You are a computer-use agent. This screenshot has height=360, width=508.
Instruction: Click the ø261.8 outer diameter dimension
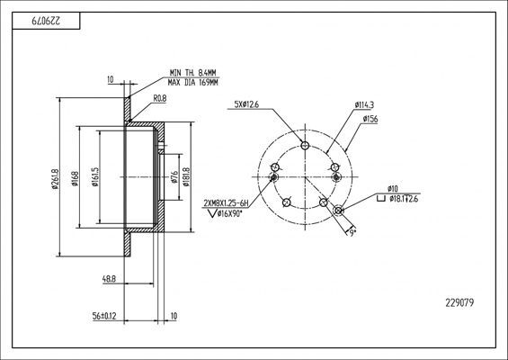tap(55, 179)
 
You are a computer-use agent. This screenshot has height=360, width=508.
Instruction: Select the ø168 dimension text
tap(75, 179)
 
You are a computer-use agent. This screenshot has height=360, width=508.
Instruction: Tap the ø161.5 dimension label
tap(95, 176)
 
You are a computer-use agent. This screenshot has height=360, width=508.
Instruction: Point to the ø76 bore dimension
tap(174, 177)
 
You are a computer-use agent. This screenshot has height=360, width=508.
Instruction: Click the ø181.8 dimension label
tap(185, 176)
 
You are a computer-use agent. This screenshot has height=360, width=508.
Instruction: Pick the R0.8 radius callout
tap(160, 99)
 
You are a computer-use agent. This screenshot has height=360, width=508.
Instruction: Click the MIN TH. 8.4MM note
tap(192, 73)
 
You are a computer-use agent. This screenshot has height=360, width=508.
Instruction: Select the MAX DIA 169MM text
tap(192, 83)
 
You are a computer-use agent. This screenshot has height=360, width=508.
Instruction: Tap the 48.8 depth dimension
tap(109, 279)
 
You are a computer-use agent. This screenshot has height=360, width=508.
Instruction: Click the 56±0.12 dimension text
tap(104, 316)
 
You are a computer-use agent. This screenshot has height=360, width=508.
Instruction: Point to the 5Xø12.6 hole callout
tap(246, 104)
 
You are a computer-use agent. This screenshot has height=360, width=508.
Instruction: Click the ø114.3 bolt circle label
tap(364, 105)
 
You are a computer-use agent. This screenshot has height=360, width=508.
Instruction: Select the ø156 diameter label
tap(370, 119)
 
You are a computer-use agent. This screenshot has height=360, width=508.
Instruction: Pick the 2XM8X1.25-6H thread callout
tap(226, 203)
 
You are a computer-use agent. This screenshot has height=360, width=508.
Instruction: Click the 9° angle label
tap(352, 232)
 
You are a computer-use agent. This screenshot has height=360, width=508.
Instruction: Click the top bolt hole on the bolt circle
tap(305, 145)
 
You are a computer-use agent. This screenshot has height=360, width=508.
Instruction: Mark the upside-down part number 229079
tap(46, 21)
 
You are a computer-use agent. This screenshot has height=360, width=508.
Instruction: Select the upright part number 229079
tap(459, 303)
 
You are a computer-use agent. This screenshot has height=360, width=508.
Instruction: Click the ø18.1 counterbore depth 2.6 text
tap(404, 199)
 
